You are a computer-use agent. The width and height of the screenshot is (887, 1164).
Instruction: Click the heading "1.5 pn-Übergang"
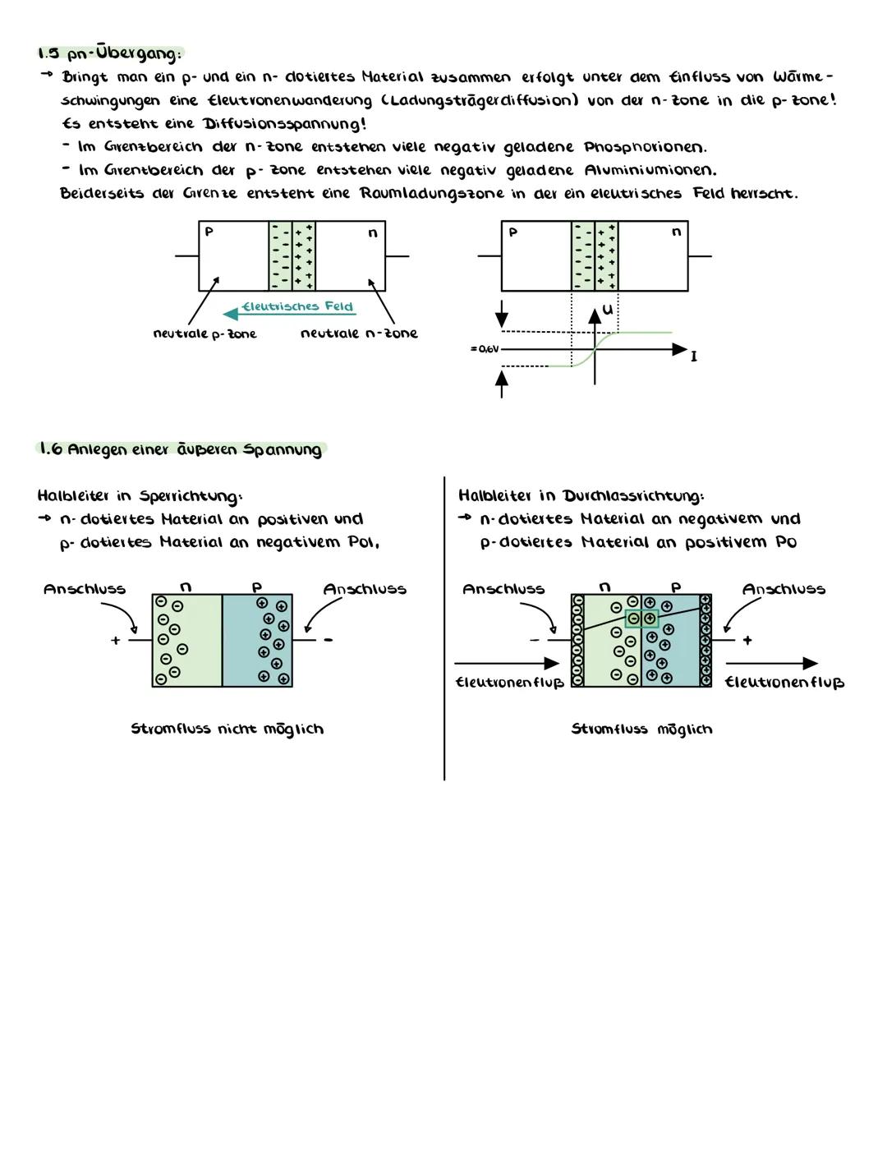109,53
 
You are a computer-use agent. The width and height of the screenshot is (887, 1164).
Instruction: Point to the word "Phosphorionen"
645,147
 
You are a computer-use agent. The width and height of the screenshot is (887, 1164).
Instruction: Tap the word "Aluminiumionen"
650,170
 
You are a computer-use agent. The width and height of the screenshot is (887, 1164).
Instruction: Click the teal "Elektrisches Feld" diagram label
297,306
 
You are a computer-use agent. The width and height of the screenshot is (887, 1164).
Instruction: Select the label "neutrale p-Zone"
205,334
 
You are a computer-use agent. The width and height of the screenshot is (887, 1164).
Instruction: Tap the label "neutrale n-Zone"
359,334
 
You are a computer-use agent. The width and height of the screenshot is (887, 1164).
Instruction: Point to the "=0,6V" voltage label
484,349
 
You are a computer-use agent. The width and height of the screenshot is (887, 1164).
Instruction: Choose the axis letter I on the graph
694,357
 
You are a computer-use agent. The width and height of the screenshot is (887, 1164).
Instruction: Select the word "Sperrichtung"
191,496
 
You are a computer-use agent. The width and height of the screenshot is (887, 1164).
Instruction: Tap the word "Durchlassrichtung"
632,496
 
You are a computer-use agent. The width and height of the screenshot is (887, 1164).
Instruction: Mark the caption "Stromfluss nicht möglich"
227,729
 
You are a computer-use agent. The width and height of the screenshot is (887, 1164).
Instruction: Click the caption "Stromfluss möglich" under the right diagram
641,729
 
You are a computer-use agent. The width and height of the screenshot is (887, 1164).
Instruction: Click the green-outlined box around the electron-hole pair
641,619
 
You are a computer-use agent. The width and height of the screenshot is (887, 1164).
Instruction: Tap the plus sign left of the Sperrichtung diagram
115,640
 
